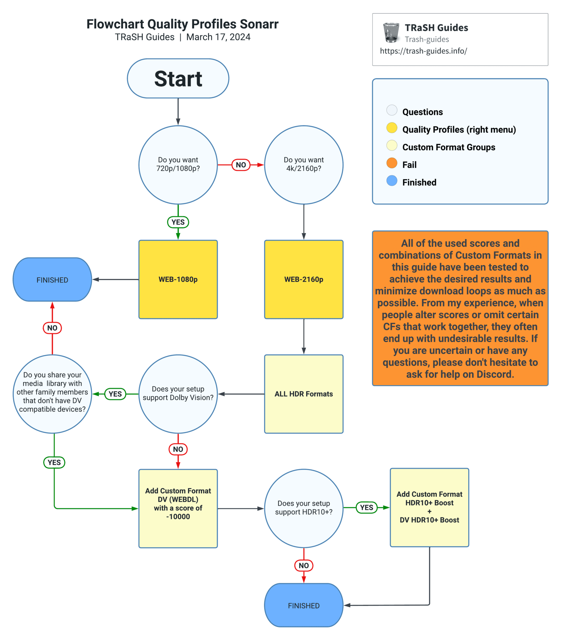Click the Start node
tap(178, 78)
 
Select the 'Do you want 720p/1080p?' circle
tap(178, 164)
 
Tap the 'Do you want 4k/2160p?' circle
tap(303, 164)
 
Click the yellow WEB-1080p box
tap(178, 279)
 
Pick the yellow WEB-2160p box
tap(303, 279)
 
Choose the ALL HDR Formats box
tap(303, 394)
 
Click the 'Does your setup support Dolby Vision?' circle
tap(178, 394)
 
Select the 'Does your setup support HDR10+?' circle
tap(303, 508)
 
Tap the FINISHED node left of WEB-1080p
tap(52, 279)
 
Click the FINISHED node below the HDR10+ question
tap(303, 605)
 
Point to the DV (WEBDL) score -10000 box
tap(178, 508)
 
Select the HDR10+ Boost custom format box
tap(429, 507)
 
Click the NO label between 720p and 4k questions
tap(241, 165)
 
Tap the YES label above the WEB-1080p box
tap(178, 222)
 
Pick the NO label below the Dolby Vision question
tap(178, 449)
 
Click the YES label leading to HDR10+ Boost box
tap(366, 507)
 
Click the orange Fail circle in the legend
tap(392, 163)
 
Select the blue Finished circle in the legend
tap(392, 180)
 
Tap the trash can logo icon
tap(391, 33)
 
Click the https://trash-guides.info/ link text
tap(423, 51)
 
